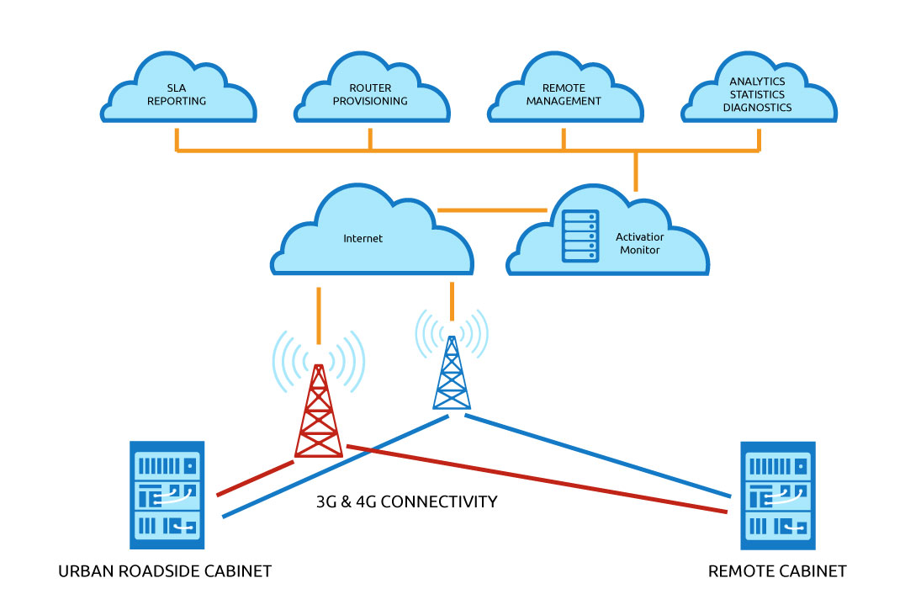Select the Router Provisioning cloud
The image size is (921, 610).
370,94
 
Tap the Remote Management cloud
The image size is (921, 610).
564,94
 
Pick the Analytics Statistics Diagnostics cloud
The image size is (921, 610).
758,94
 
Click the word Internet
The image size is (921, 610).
363,239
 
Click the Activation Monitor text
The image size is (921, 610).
639,244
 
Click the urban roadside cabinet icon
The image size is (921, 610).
167,494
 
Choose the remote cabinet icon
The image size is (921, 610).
777,494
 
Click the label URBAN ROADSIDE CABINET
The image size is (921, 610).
165,572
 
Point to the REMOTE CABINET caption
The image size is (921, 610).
777,572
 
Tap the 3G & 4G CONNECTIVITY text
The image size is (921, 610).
406,502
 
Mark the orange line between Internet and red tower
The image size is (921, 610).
318,316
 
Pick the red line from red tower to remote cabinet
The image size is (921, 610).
538,478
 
